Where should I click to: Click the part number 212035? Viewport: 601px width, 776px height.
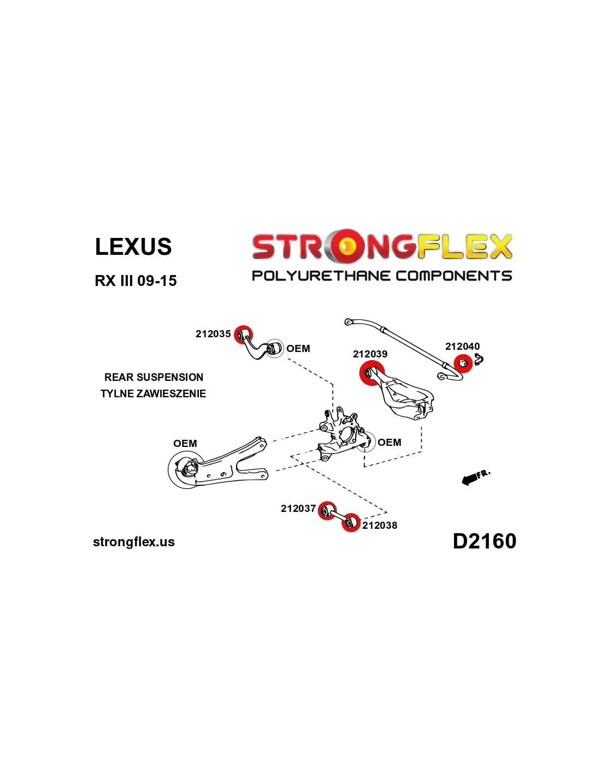213,334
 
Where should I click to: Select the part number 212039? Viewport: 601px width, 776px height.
370,354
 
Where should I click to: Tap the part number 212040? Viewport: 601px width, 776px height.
462,347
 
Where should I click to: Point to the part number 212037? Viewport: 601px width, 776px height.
298,509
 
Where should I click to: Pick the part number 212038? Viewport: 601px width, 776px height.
380,526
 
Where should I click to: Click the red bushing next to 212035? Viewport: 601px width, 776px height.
243,335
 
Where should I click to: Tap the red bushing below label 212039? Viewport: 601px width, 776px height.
370,373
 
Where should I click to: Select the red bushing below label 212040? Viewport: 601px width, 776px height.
463,363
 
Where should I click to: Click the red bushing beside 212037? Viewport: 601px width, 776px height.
327,511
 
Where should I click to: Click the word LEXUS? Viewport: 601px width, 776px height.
133,247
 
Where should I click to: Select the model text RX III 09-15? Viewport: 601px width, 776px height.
135,281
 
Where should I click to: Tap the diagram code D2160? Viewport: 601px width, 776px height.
484,541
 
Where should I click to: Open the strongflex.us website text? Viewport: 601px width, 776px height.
134,542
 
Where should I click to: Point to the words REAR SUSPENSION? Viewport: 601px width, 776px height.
154,377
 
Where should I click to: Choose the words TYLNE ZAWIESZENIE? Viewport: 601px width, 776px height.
153,393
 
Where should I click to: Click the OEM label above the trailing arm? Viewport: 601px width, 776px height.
185,444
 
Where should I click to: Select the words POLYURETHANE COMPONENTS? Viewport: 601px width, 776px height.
381,276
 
